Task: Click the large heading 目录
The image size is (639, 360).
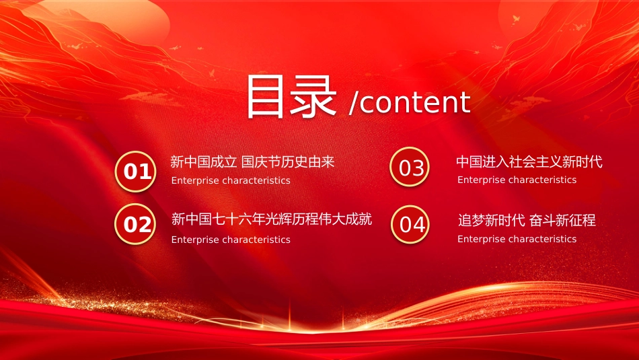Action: click(291, 98)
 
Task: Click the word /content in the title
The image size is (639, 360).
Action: click(410, 102)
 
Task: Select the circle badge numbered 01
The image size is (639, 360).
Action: click(136, 172)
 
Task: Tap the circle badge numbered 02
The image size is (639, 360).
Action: click(135, 224)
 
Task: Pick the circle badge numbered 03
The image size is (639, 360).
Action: click(410, 167)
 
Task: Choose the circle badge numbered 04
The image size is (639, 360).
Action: click(410, 224)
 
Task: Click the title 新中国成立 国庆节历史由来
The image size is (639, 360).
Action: click(252, 162)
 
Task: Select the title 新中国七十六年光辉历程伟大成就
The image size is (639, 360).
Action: click(272, 219)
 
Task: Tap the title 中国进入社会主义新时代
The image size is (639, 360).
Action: click(529, 162)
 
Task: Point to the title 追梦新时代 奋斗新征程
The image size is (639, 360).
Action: click(527, 221)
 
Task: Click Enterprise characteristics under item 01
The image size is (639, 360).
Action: click(231, 180)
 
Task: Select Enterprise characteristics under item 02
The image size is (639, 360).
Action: click(231, 240)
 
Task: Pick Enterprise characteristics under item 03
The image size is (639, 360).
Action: click(517, 180)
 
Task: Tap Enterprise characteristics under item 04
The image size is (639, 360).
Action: click(517, 239)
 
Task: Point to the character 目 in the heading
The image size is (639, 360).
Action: click(265, 98)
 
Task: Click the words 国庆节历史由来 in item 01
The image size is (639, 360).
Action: click(288, 162)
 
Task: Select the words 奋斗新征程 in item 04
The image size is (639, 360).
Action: click(562, 221)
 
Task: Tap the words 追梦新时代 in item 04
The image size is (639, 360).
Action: click(491, 221)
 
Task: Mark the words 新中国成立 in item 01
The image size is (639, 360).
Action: click(204, 162)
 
